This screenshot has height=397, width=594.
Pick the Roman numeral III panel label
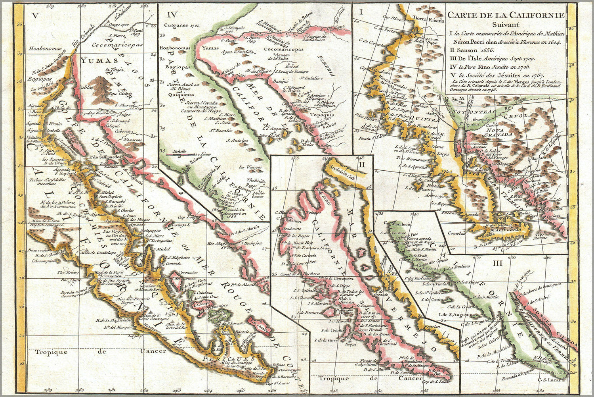point(497,264)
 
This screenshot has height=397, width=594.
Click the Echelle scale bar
point(180,154)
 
